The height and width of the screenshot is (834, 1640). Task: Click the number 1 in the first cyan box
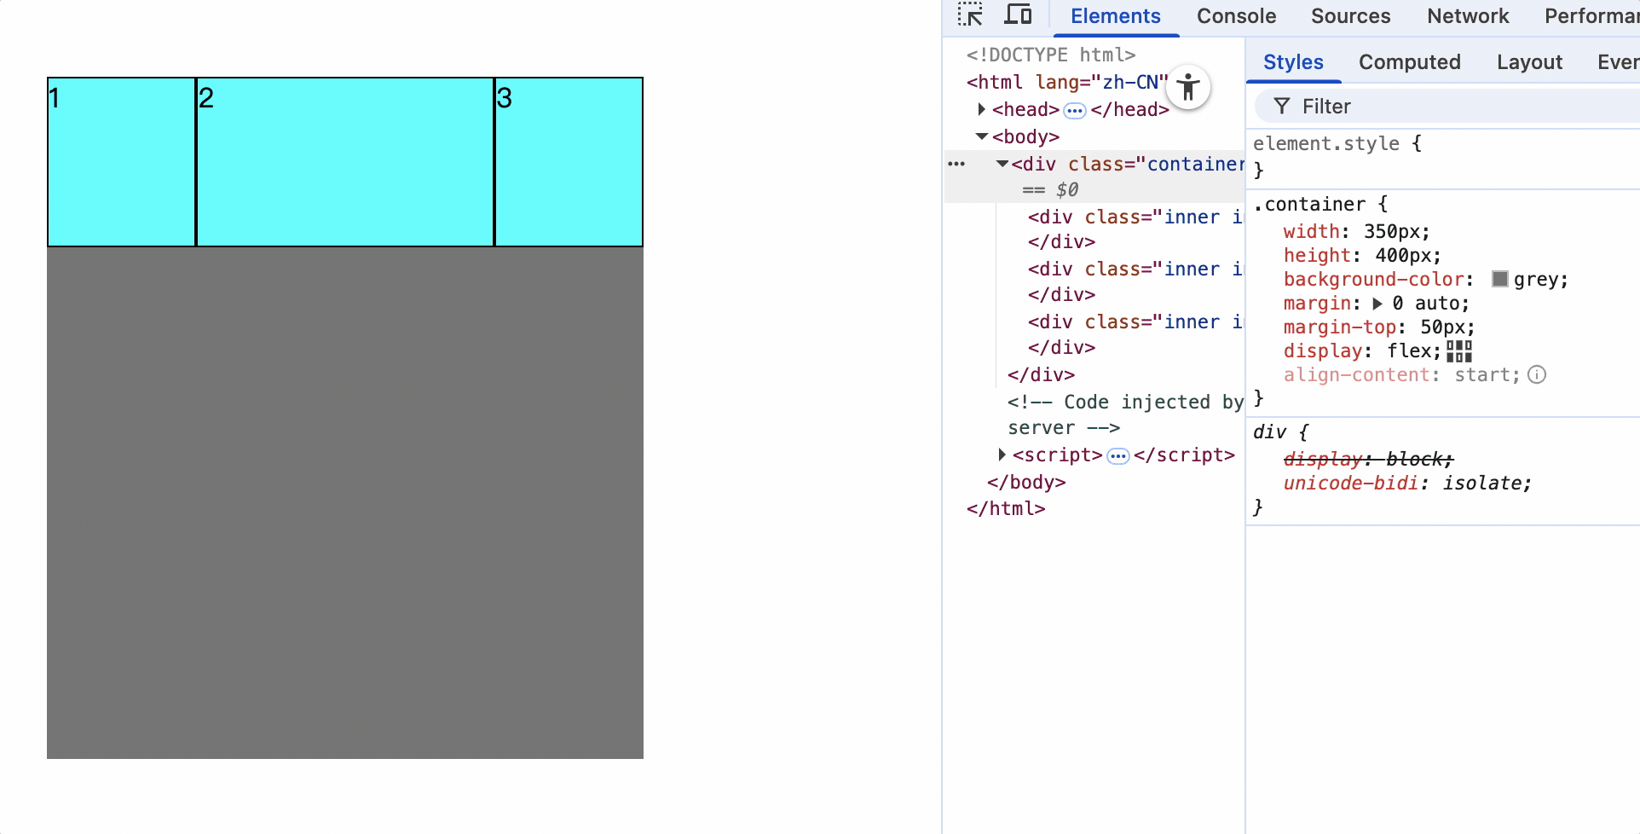pyautogui.click(x=54, y=99)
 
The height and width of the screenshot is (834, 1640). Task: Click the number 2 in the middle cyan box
pyautogui.click(x=206, y=99)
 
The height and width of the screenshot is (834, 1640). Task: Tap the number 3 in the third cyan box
pyautogui.click(x=505, y=99)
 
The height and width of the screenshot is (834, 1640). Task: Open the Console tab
pyautogui.click(x=1236, y=16)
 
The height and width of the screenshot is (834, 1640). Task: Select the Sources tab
pyautogui.click(x=1350, y=16)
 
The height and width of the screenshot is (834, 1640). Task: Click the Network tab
pyautogui.click(x=1468, y=16)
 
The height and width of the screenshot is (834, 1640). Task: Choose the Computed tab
pyautogui.click(x=1409, y=62)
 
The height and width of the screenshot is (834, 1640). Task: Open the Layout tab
pyautogui.click(x=1529, y=62)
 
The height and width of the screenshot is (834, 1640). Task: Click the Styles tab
pyautogui.click(x=1293, y=62)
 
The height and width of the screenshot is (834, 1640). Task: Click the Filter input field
pyautogui.click(x=1449, y=107)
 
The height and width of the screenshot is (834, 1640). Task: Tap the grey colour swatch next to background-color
pyautogui.click(x=1500, y=279)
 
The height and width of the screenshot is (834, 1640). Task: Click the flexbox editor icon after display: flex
pyautogui.click(x=1459, y=350)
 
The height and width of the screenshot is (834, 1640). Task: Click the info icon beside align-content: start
pyautogui.click(x=1537, y=374)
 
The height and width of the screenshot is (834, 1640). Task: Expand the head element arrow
pyautogui.click(x=982, y=109)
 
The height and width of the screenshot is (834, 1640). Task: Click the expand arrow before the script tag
pyautogui.click(x=1002, y=455)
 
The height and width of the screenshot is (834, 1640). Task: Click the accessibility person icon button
pyautogui.click(x=1188, y=87)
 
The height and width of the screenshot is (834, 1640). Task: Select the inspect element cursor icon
pyautogui.click(x=970, y=15)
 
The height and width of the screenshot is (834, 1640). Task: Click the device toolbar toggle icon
pyautogui.click(x=1018, y=15)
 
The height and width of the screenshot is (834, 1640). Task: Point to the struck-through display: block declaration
pyautogui.click(x=1368, y=459)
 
